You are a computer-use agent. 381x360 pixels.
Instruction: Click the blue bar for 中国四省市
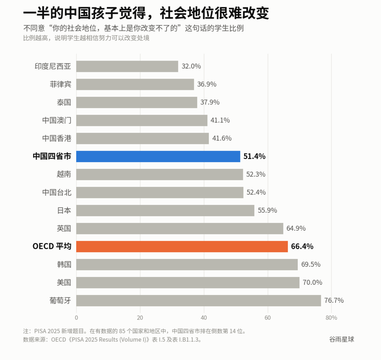pos(158,156)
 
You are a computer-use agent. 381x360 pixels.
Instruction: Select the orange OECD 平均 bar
pos(182,246)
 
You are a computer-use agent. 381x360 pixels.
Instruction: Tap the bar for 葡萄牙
pos(199,301)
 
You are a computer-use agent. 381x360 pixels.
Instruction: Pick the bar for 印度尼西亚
pos(127,66)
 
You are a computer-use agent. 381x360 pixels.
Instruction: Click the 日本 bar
pos(165,211)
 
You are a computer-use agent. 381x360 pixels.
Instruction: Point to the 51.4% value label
pos(255,156)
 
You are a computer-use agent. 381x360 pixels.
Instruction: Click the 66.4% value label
pos(302,246)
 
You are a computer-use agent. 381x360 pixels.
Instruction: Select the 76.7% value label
pos(334,301)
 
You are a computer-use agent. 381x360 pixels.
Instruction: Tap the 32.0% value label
pos(191,66)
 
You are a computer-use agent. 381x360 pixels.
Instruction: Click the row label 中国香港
pos(57,138)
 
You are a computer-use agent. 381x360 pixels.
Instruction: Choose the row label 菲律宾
pos(61,84)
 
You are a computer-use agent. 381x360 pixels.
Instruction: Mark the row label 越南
pos(64,174)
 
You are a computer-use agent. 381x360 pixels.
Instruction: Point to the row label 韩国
pos(64,264)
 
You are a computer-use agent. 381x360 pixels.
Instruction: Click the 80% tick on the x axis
pos(331,318)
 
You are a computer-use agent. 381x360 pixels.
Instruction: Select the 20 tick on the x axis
pos(140,318)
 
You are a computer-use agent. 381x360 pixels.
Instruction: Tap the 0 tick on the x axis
pos(76,318)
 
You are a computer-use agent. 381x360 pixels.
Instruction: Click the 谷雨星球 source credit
pos(342,339)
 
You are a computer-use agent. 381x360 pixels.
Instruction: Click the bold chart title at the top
pos(146,13)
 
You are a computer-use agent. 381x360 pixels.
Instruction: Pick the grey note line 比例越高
pos(86,38)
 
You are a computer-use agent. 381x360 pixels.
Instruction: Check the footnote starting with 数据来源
pos(112,339)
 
